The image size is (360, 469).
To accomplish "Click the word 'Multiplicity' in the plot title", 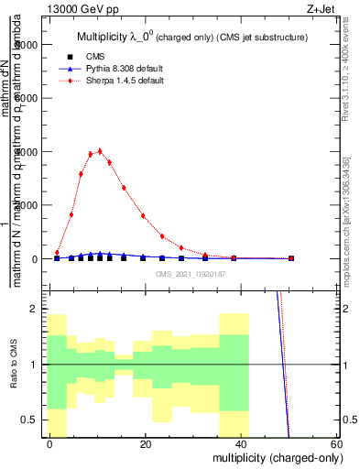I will (104, 37).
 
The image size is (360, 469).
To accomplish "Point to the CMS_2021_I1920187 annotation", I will (190, 274).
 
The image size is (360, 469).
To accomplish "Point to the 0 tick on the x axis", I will (49, 443).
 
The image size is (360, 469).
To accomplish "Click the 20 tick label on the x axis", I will (145, 443).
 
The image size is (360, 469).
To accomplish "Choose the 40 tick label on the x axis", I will (240, 443).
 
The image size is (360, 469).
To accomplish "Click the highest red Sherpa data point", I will (100, 151).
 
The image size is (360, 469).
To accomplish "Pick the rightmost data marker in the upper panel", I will (291, 258).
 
